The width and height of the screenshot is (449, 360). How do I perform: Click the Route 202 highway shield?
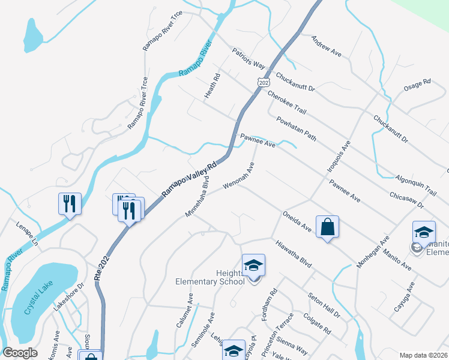264,81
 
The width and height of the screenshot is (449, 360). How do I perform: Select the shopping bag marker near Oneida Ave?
327,227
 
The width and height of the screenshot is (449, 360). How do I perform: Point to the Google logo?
20,353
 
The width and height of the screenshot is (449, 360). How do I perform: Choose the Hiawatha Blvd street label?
294,254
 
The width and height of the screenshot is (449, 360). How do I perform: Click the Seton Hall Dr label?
325,305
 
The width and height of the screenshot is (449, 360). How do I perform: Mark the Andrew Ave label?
326,46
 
